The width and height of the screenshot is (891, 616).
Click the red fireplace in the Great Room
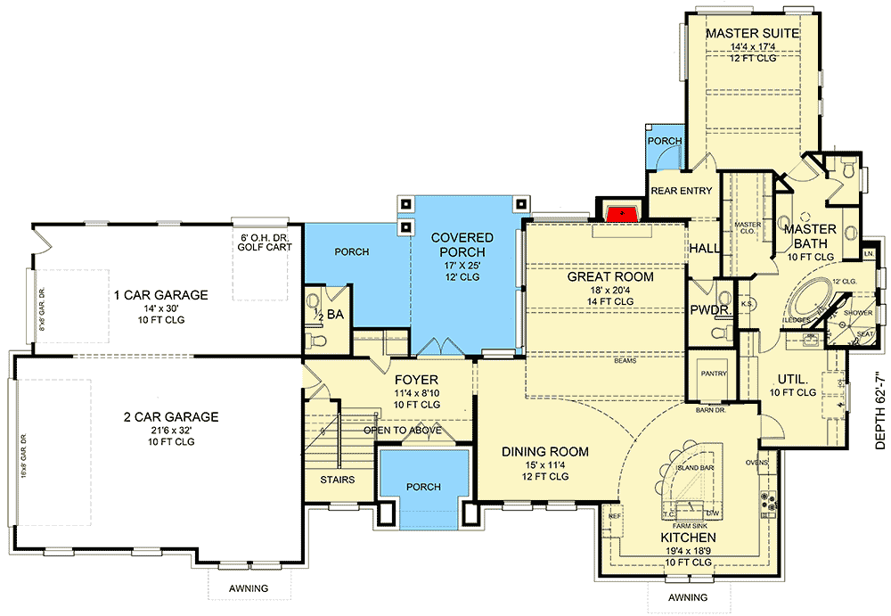tap(620, 213)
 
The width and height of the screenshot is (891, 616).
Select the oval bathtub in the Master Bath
tap(813, 298)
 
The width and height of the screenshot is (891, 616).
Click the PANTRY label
tap(715, 374)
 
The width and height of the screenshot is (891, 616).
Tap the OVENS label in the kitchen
tap(756, 462)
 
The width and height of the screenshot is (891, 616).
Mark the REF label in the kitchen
tap(615, 516)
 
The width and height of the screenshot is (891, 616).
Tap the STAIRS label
tap(337, 480)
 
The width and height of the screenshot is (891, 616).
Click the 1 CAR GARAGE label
tap(160, 294)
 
